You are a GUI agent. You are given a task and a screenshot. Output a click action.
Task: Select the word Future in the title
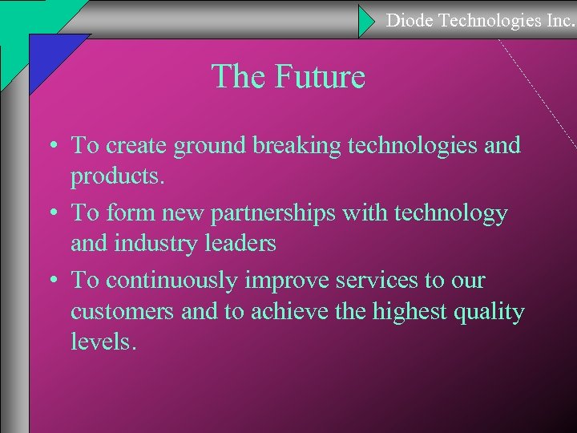(x=320, y=78)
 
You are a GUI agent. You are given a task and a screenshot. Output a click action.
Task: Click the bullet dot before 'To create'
(x=52, y=146)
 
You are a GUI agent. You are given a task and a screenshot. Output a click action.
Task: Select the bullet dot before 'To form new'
(x=52, y=214)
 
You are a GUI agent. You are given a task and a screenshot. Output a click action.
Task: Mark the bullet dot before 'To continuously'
(x=52, y=281)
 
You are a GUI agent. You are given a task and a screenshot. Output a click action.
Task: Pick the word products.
(x=117, y=176)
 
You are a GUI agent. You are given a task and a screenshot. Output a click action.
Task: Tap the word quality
(x=490, y=311)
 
